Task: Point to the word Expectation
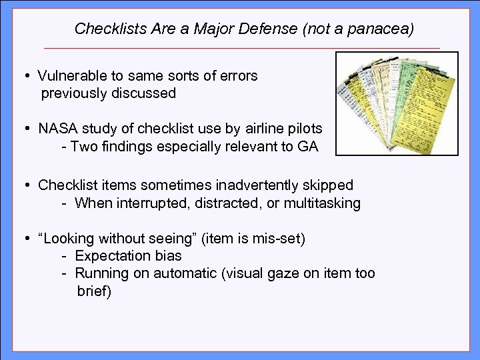[x=111, y=256]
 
